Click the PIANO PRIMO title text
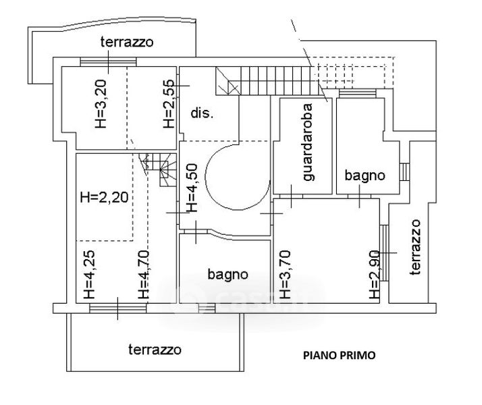(339, 355)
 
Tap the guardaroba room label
(308, 142)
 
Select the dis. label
(202, 113)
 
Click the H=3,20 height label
(101, 104)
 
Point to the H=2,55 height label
(169, 104)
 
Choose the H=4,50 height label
(192, 188)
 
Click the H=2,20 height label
(104, 197)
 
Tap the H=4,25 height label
(90, 275)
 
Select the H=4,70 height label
(144, 275)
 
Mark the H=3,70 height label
(286, 275)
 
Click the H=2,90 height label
(375, 275)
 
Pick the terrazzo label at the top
(127, 42)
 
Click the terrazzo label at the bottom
(155, 350)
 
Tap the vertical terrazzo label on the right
(415, 247)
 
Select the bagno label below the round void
(227, 275)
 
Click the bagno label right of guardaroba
(365, 175)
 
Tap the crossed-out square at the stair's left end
(227, 81)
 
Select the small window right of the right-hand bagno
(405, 172)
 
